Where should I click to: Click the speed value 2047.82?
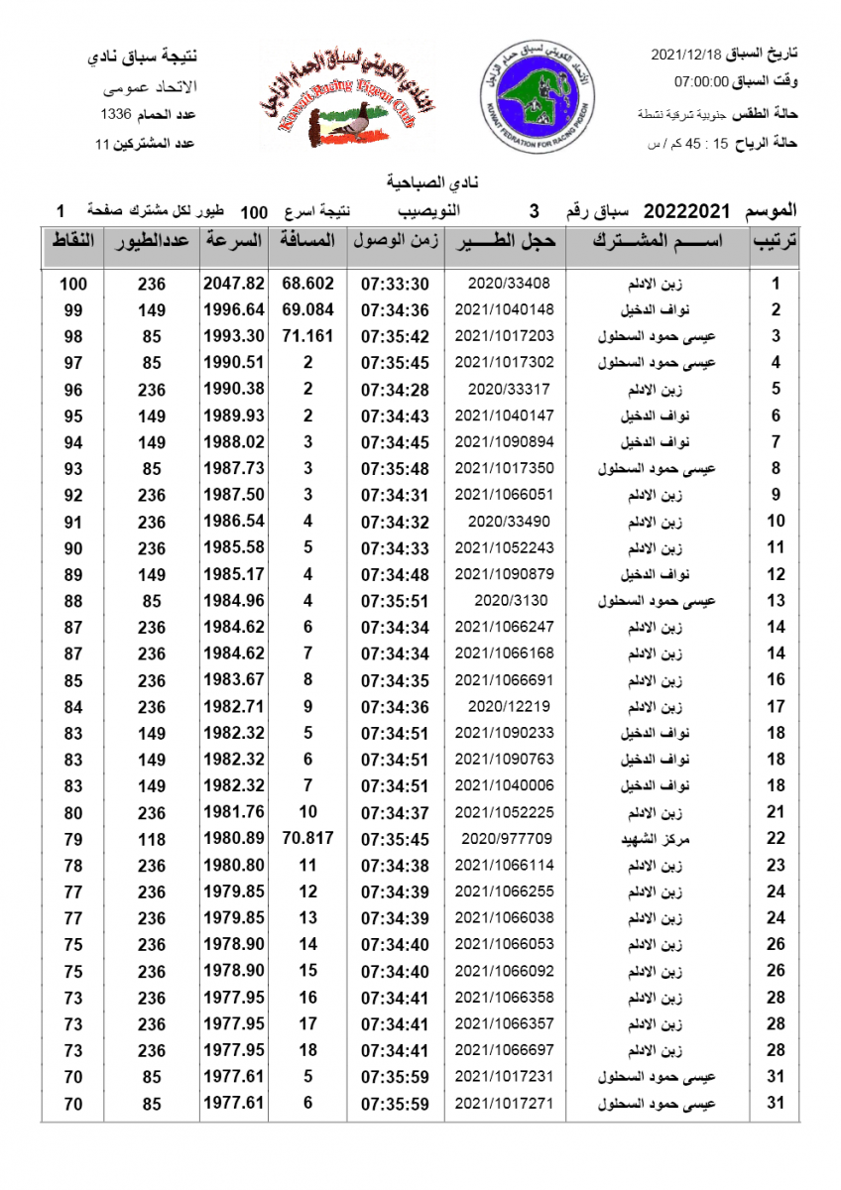point(234,284)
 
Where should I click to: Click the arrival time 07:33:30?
point(395,284)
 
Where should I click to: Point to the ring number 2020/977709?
point(507,839)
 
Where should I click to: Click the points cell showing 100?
point(73,284)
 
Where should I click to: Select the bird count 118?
point(151,839)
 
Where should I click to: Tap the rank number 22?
point(776,839)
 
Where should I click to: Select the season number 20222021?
point(687,211)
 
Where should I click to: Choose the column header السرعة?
point(235,241)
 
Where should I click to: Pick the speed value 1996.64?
point(234,309)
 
